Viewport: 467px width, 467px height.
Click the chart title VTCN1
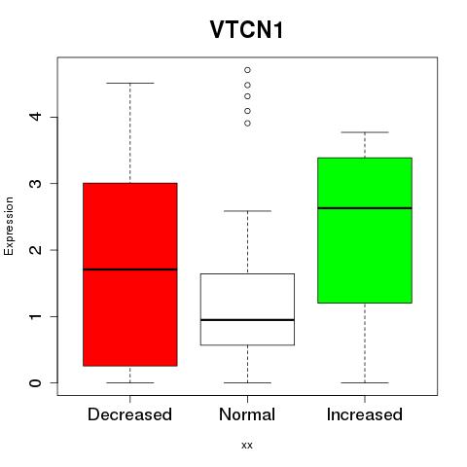click(x=246, y=30)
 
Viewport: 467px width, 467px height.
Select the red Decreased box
click(x=130, y=274)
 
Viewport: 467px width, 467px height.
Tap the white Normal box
click(x=247, y=309)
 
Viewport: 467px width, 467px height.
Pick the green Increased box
click(x=365, y=231)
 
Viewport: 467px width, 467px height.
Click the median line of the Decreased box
click(x=130, y=269)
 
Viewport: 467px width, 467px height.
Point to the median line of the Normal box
click(x=247, y=320)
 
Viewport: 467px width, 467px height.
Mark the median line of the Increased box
click(x=365, y=208)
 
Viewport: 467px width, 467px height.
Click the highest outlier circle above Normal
click(x=247, y=70)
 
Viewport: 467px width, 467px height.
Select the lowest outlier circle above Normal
click(x=247, y=124)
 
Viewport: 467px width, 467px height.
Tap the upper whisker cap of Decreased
click(x=130, y=84)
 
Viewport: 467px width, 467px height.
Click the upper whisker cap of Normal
click(x=247, y=211)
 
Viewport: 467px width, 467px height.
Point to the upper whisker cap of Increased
click(x=365, y=132)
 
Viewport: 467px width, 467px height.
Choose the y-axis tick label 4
click(x=36, y=117)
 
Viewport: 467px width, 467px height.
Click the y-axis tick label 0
click(x=36, y=382)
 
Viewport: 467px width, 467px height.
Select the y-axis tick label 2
click(x=36, y=250)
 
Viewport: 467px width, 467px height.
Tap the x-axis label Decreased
click(x=129, y=414)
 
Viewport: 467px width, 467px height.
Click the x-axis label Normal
click(x=247, y=414)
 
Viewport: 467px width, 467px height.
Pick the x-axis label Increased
click(x=365, y=414)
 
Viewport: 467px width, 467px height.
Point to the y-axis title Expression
click(x=9, y=226)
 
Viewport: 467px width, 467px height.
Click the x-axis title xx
click(x=247, y=446)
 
